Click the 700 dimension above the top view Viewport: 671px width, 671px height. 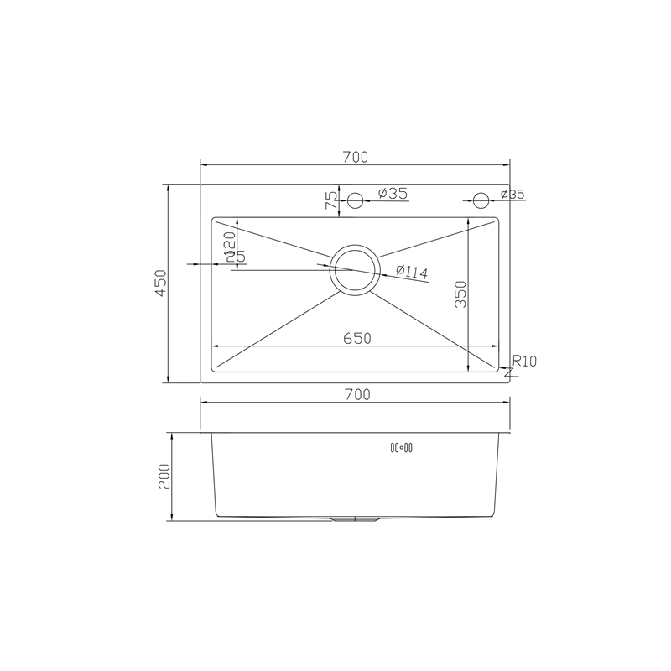tap(356, 157)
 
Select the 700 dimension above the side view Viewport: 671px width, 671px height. tap(356, 393)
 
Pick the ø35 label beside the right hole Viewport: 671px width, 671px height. tap(512, 195)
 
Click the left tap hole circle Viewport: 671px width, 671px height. tap(355, 200)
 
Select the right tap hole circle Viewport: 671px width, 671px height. tap(481, 200)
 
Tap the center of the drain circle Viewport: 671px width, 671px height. tap(354, 269)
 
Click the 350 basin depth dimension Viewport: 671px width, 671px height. tap(460, 294)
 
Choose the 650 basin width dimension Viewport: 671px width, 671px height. tap(356, 338)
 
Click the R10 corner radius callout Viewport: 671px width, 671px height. tap(523, 362)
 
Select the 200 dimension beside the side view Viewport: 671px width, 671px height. tap(164, 476)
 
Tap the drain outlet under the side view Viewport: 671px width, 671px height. tap(355, 519)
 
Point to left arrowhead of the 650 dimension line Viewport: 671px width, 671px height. tap(215, 346)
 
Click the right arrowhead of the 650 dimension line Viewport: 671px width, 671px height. tap(496, 346)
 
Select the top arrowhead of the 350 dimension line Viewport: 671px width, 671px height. tap(468, 223)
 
